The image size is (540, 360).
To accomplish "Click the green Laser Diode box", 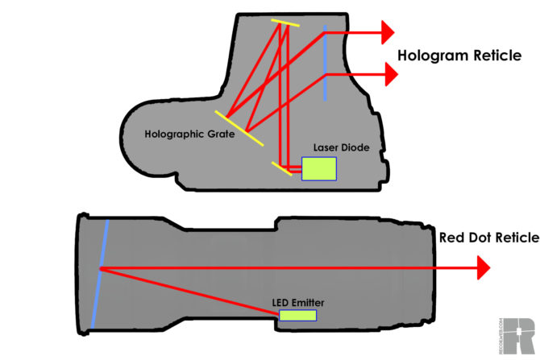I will click(x=319, y=168).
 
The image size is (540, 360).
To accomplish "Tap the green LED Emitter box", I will click(x=297, y=315).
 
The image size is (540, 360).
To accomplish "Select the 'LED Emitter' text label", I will click(x=297, y=302).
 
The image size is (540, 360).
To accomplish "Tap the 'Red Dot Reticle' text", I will click(x=488, y=238).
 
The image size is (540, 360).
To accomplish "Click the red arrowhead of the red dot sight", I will click(x=482, y=267).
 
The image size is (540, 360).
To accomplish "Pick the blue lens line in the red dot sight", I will click(x=100, y=273).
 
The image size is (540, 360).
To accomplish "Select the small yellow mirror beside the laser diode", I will click(x=282, y=168).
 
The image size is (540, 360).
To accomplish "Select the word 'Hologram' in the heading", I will click(x=431, y=56).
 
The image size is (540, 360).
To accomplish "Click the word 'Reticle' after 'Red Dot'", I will click(x=516, y=238).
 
